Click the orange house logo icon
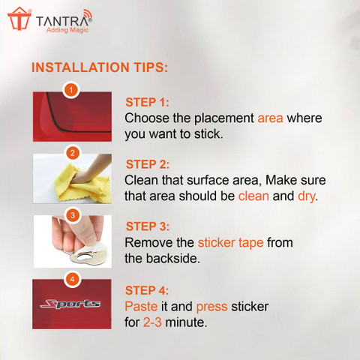click(19, 19)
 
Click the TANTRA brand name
click(64, 20)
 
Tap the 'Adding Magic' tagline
click(67, 30)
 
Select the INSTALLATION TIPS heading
click(100, 67)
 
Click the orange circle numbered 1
click(71, 90)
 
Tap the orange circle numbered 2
click(73, 153)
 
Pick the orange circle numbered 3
click(73, 215)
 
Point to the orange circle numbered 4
click(72, 279)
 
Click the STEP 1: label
click(147, 103)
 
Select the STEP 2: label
click(148, 164)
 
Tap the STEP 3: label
click(148, 226)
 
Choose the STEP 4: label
click(147, 290)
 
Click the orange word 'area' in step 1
click(270, 118)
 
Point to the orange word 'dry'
click(306, 196)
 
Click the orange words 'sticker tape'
click(230, 243)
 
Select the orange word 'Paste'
click(141, 307)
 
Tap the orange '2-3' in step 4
click(152, 322)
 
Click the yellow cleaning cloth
click(85, 183)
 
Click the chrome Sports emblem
click(70, 304)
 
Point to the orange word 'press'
click(211, 307)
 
